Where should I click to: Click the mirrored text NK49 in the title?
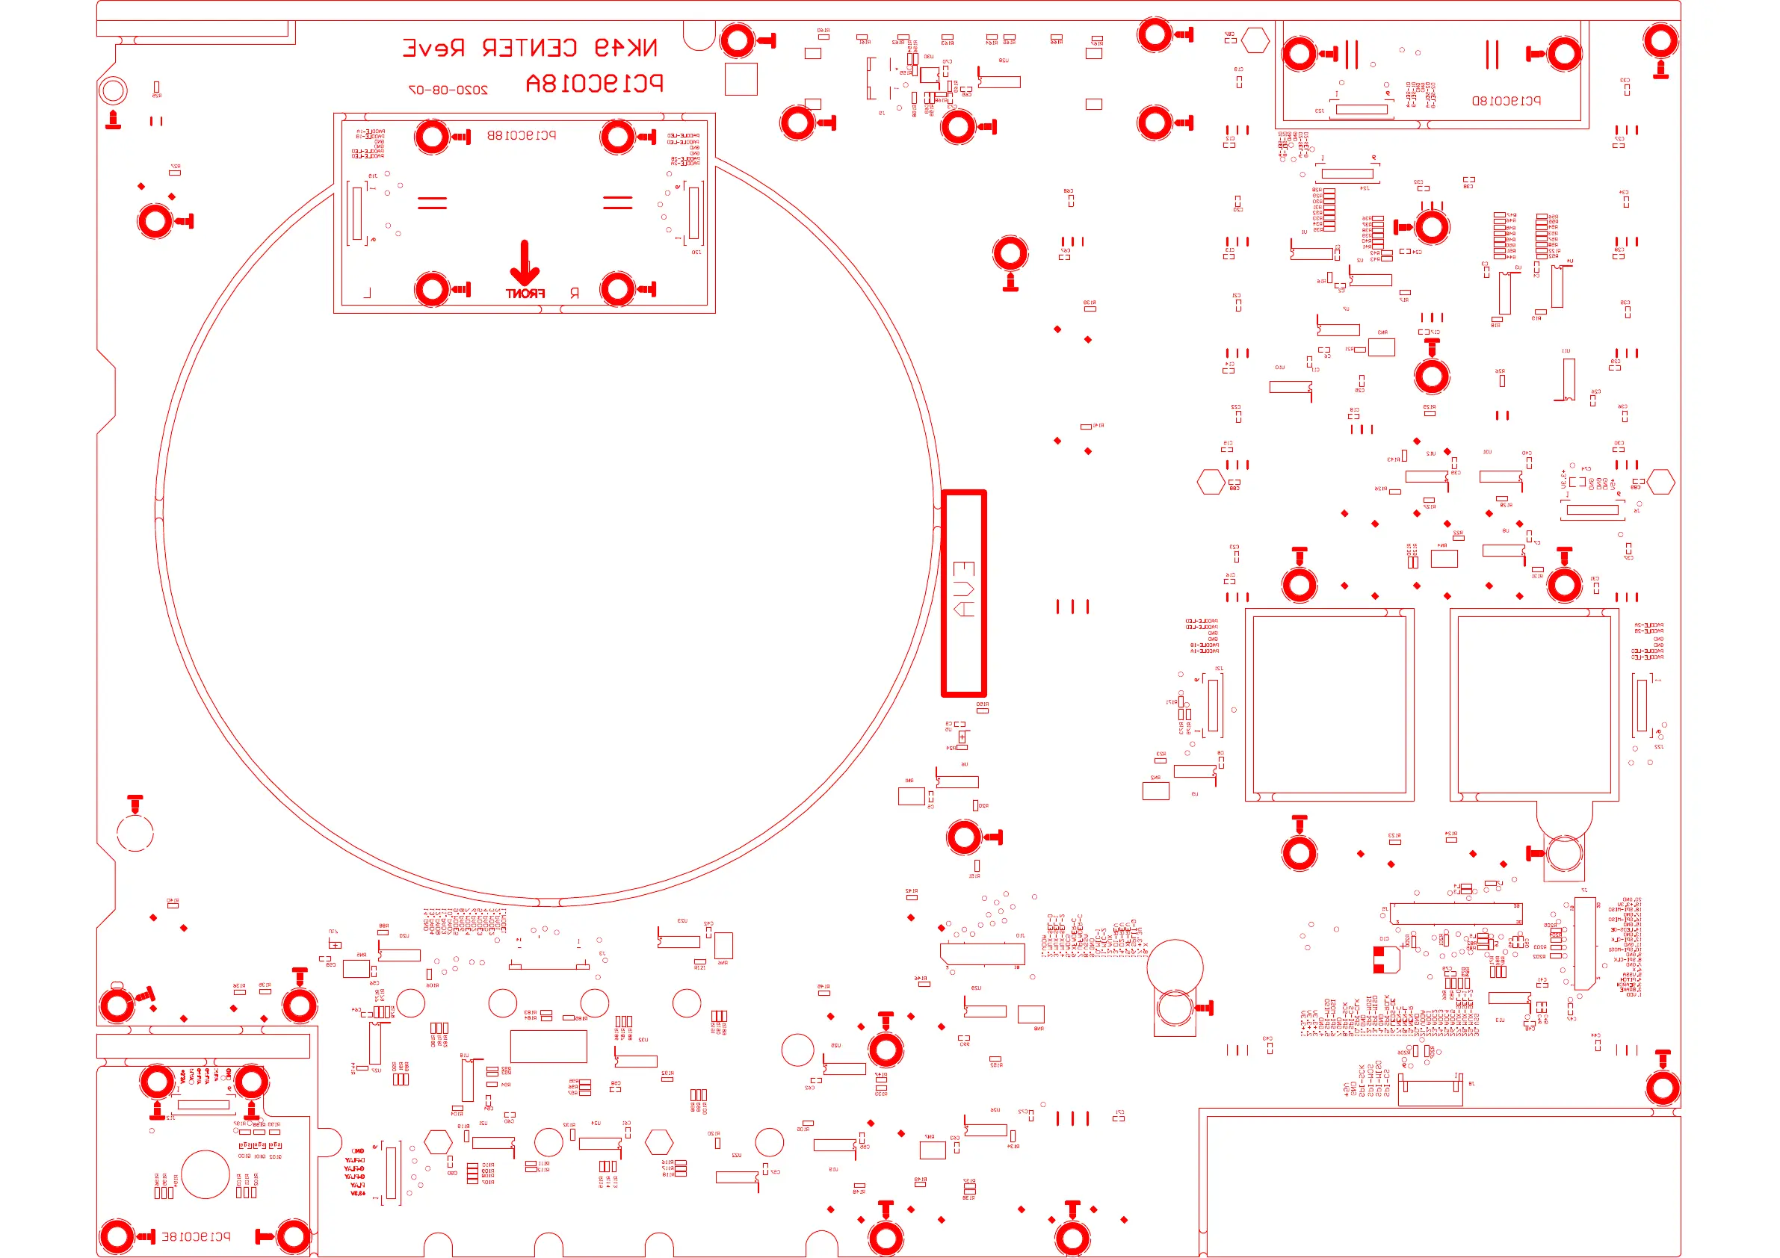click(x=625, y=48)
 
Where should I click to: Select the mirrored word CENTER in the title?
click(x=530, y=48)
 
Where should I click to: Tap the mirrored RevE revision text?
click(x=433, y=48)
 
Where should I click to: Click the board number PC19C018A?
click(x=594, y=83)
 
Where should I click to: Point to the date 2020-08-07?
click(x=448, y=90)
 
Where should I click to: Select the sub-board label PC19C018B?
click(x=521, y=136)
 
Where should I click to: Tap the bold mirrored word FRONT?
click(x=525, y=294)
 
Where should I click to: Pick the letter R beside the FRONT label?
click(x=575, y=294)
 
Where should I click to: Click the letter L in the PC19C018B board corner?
click(x=368, y=293)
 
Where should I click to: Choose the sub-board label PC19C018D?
click(x=1506, y=101)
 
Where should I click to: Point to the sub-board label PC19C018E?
click(x=195, y=1236)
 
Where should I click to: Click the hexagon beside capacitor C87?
click(x=1255, y=40)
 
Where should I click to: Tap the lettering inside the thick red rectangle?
click(x=964, y=589)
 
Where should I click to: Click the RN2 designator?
click(x=1155, y=778)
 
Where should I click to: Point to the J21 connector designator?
click(x=1219, y=668)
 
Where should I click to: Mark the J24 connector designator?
click(x=1365, y=188)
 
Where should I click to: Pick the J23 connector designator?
click(x=1319, y=111)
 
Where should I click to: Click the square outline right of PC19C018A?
click(x=741, y=79)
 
